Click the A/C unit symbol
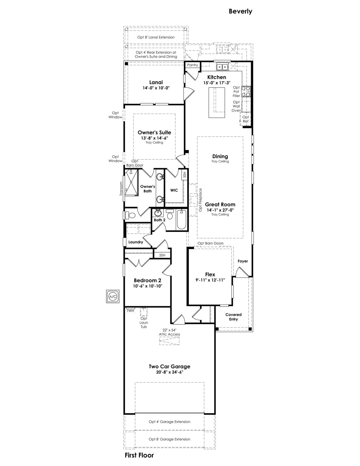tap(113, 297)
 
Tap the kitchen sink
tap(222, 67)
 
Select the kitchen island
tap(217, 103)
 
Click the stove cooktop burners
tap(246, 91)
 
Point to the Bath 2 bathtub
tap(181, 219)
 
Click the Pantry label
tap(193, 65)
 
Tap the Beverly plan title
tap(240, 11)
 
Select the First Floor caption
tap(139, 455)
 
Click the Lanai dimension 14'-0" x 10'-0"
tap(156, 88)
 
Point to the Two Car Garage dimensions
tap(170, 372)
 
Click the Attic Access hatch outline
tap(169, 341)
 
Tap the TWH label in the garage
tap(130, 311)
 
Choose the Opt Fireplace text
tap(200, 200)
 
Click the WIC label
tap(174, 190)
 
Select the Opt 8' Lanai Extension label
tap(156, 37)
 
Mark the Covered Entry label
tap(234, 317)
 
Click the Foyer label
tap(243, 261)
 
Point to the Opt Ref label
tap(246, 119)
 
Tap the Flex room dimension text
tap(210, 280)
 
